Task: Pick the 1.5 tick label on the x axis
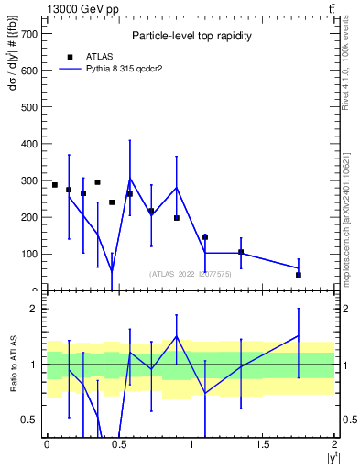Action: pos(263,444)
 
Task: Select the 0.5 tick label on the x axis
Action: pos(119,444)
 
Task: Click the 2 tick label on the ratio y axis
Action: pos(33,309)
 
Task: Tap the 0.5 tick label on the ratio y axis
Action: pos(28,420)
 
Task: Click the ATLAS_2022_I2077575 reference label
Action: pos(191,274)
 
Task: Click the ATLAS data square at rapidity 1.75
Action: pos(299,275)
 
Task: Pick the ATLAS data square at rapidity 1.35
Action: pos(241,252)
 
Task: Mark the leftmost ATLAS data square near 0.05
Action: pos(55,185)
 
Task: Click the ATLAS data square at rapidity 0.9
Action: pos(177,218)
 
